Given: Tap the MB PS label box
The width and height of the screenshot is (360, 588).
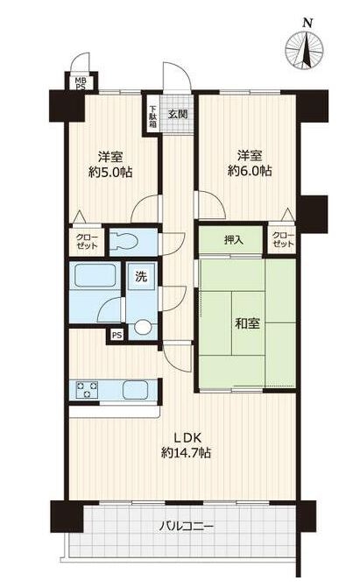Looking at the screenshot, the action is pyautogui.click(x=81, y=83).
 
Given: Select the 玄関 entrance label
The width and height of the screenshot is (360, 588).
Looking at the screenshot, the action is pyautogui.click(x=178, y=114).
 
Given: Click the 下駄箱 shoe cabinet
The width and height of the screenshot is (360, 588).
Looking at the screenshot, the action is pyautogui.click(x=152, y=117).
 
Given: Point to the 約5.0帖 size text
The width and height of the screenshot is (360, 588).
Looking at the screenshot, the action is pyautogui.click(x=110, y=172).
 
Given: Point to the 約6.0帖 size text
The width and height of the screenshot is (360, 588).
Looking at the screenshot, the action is pyautogui.click(x=250, y=171).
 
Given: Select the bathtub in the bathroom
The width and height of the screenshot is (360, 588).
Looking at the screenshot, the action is pyautogui.click(x=95, y=275).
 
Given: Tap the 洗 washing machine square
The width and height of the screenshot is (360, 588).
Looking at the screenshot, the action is pyautogui.click(x=141, y=277).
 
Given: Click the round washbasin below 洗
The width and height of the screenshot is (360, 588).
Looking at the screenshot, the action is pyautogui.click(x=142, y=327).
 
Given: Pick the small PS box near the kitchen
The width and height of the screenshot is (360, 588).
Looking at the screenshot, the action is pyautogui.click(x=117, y=335).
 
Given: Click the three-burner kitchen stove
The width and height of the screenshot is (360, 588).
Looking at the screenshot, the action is pyautogui.click(x=87, y=390).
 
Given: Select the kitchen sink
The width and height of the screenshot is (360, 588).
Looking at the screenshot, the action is pyautogui.click(x=134, y=390).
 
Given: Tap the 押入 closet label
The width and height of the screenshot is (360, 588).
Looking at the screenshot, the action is pyautogui.click(x=234, y=240).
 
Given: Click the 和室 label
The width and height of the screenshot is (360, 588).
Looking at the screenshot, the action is pyautogui.click(x=247, y=323).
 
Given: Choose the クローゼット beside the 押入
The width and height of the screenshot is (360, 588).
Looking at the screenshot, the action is pyautogui.click(x=283, y=240).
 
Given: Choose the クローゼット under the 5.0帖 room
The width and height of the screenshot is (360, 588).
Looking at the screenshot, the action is pyautogui.click(x=87, y=242).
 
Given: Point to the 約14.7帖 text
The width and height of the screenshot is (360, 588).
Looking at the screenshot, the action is pyautogui.click(x=186, y=453).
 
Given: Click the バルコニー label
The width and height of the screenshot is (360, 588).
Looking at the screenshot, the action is pyautogui.click(x=187, y=527).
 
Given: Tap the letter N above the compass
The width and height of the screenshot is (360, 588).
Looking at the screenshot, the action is pyautogui.click(x=308, y=23).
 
